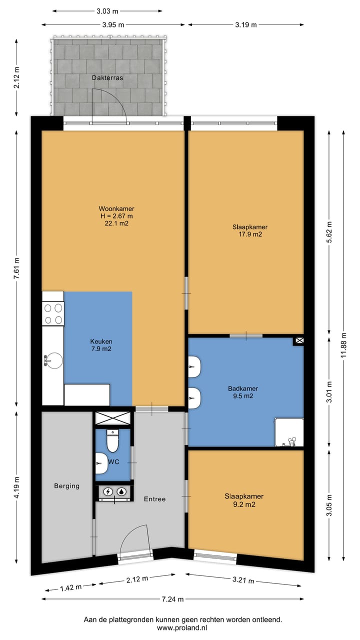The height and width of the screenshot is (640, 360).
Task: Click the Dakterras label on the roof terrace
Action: click(107, 77)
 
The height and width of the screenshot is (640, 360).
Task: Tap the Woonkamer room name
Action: click(116, 208)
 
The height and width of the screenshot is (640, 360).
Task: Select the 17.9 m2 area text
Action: click(250, 234)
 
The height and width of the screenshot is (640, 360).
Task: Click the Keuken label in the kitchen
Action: click(101, 341)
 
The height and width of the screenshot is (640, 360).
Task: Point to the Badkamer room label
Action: click(243, 388)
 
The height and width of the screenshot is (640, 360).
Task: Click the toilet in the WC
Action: click(112, 441)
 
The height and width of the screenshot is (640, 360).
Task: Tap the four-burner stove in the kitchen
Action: click(53, 313)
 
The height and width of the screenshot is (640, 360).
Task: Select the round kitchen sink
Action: click(53, 360)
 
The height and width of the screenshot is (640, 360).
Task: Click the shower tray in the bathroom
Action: click(289, 432)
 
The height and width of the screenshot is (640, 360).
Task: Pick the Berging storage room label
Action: click(67, 485)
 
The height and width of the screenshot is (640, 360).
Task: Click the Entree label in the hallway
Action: click(154, 499)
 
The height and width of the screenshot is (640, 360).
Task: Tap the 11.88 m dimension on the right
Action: click(343, 345)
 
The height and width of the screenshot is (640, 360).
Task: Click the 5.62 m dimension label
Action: click(329, 232)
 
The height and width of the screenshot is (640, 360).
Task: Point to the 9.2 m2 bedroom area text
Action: click(244, 504)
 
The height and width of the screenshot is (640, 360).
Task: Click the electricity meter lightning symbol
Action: click(108, 491)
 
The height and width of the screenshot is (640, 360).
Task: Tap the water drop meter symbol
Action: click(122, 491)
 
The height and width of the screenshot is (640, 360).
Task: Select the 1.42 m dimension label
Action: click(71, 587)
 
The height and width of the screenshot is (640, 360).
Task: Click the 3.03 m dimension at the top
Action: click(107, 11)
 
